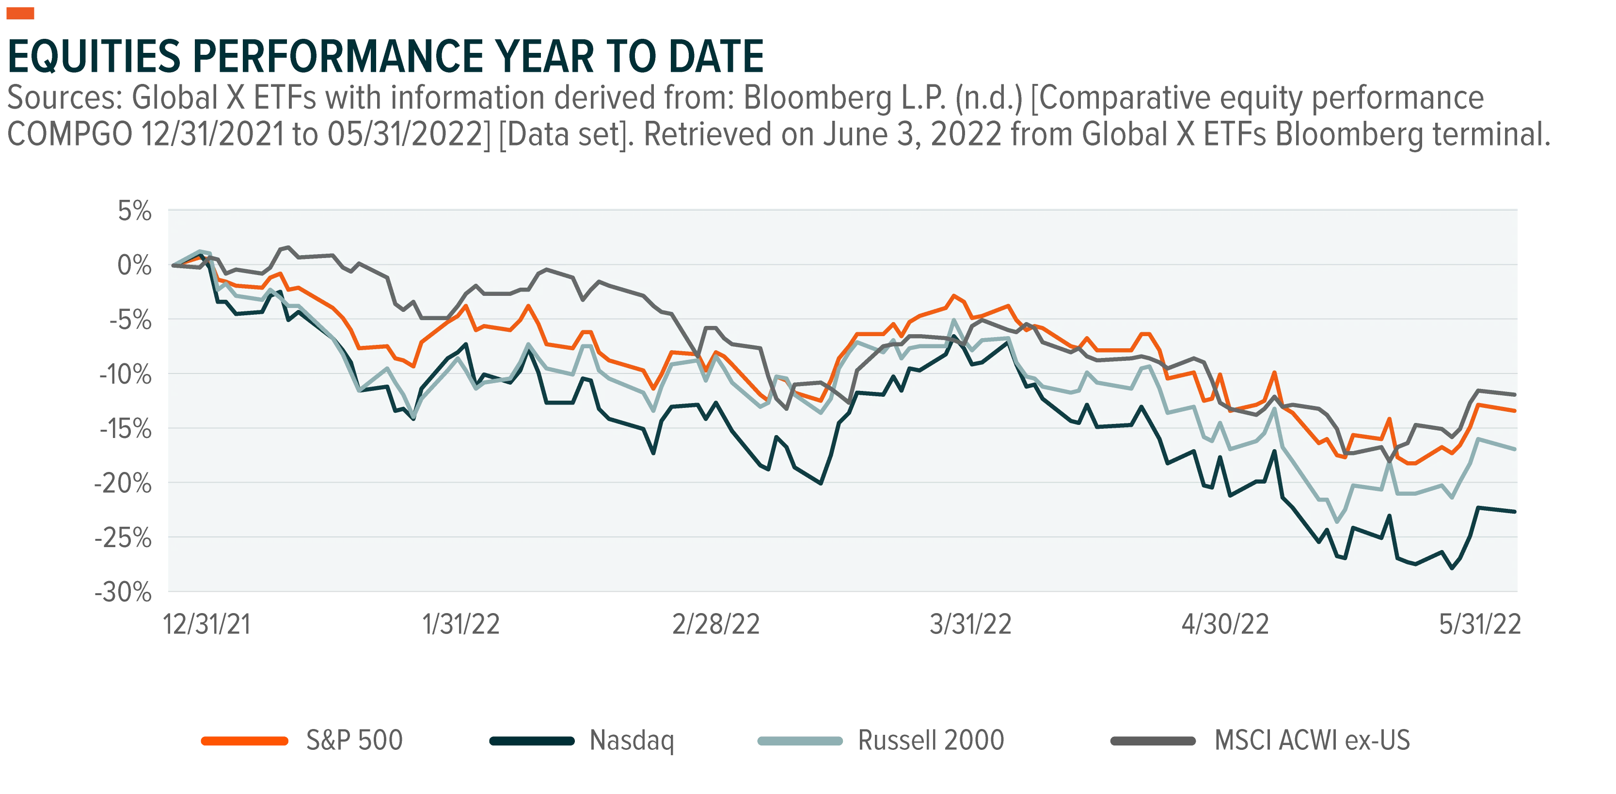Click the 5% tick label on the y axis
135,211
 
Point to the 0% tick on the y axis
134,265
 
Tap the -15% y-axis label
126,429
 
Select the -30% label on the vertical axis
123,592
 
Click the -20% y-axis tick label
123,483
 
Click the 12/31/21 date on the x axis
207,625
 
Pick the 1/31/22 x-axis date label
461,625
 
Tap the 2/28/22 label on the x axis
716,625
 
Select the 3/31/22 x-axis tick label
970,625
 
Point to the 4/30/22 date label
1225,625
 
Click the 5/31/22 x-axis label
1480,625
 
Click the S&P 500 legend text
354,741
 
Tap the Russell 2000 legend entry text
931,741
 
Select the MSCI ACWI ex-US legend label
1313,741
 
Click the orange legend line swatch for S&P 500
245,741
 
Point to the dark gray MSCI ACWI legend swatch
1153,741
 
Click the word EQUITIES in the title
94,56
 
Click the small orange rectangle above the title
20,13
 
